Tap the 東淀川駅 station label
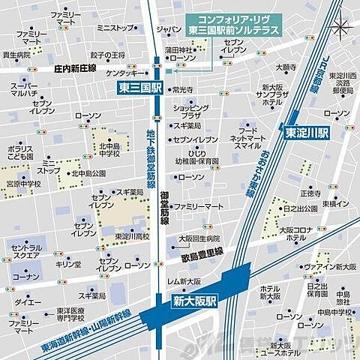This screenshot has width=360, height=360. point(307,130)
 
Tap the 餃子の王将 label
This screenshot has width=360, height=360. point(107,55)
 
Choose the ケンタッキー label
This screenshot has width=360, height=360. point(121,73)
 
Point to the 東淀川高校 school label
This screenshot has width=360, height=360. point(132,235)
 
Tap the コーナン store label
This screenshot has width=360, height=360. point(26,277)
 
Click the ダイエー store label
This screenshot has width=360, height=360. point(26,301)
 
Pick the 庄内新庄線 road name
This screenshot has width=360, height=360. point(75,67)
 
